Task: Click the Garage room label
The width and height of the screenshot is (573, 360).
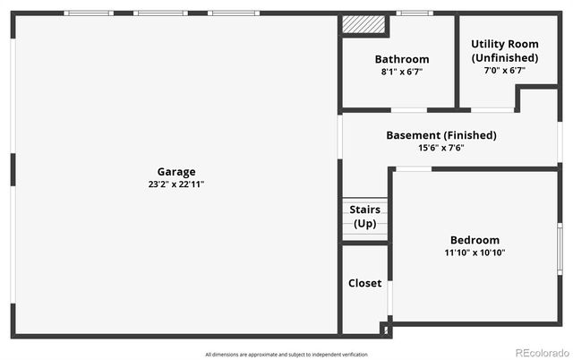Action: click(x=176, y=172)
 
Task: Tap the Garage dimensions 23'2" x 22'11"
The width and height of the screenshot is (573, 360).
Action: click(x=176, y=184)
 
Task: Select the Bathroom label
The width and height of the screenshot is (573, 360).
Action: click(x=401, y=60)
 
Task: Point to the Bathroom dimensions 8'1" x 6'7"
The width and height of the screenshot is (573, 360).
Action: click(x=401, y=72)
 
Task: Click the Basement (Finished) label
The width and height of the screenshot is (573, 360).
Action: click(x=440, y=135)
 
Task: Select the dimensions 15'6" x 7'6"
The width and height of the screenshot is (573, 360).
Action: click(x=440, y=148)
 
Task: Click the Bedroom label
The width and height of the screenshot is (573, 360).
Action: click(x=475, y=240)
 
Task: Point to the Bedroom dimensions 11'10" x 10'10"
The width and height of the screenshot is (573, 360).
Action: click(x=475, y=253)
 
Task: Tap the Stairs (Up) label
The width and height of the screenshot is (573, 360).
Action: click(x=364, y=217)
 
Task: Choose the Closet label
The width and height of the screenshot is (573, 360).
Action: click(x=364, y=283)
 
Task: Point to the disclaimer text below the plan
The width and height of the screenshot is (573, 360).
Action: click(x=286, y=355)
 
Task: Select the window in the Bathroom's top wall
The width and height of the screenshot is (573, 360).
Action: click(x=413, y=13)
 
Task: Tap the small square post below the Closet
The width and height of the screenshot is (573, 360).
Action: click(x=387, y=330)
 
